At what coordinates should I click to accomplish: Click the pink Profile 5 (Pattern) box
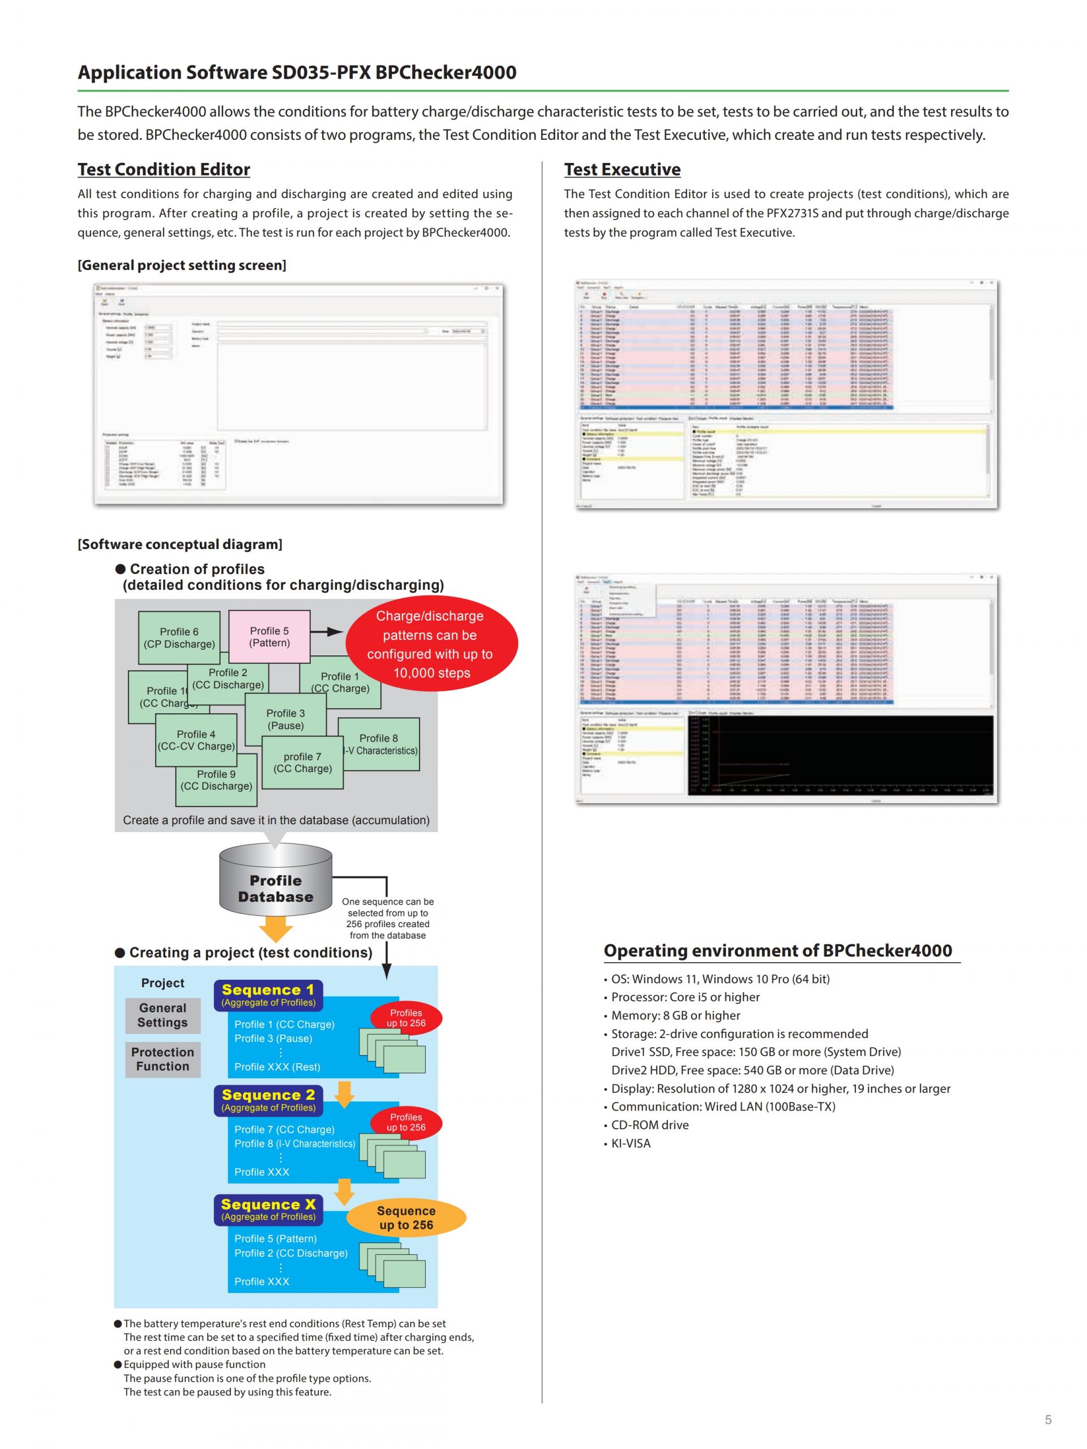point(269,636)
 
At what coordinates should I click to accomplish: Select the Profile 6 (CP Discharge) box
point(179,637)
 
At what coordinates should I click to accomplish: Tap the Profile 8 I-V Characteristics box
point(379,744)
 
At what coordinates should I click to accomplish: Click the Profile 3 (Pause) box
point(285,719)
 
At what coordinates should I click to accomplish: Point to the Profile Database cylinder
point(275,888)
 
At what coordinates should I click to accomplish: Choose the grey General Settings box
point(162,1015)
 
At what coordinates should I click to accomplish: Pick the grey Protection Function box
point(162,1058)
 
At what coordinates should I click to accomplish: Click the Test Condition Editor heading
point(164,170)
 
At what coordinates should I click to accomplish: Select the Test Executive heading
point(622,170)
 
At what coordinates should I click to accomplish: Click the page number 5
point(1048,1420)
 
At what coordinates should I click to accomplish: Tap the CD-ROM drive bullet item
point(649,1125)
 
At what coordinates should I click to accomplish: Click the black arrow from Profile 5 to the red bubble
point(326,632)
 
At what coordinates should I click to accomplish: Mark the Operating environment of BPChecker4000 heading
point(777,950)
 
